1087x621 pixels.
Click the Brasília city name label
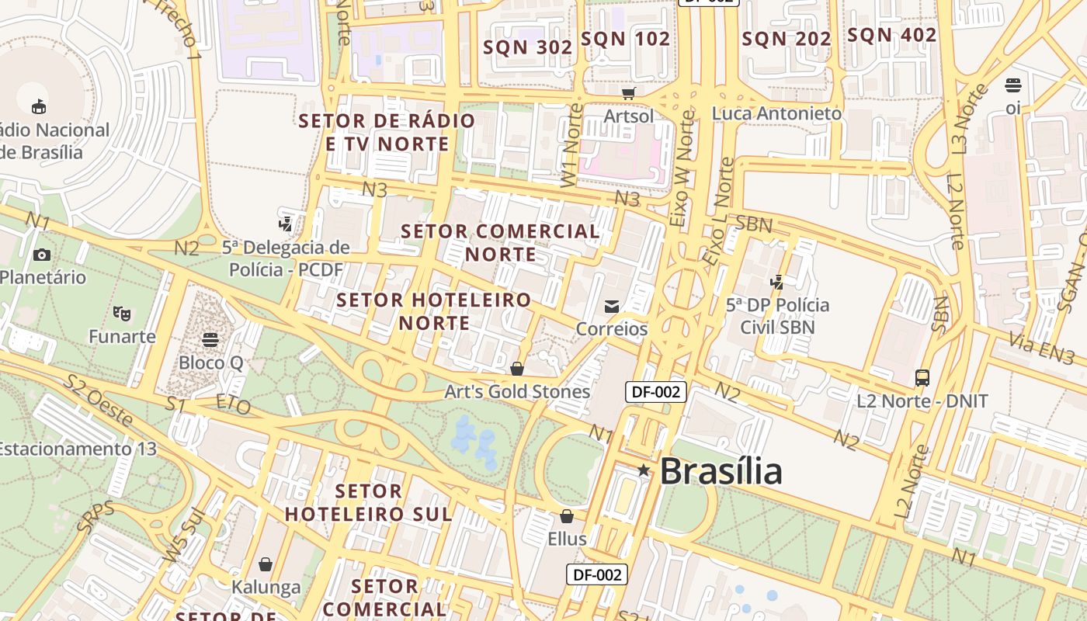[721, 471]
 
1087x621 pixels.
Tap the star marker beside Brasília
[644, 470]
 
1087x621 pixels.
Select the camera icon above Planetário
[42, 255]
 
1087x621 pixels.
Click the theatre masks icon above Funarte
[121, 314]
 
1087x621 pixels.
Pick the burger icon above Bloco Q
[210, 339]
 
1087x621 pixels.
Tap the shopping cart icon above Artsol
[629, 93]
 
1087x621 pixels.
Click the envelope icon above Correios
[612, 307]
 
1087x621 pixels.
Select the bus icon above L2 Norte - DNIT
[922, 378]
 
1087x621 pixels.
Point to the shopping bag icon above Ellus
[567, 516]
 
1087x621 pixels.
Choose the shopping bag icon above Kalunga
[266, 564]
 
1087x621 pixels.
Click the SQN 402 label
[891, 35]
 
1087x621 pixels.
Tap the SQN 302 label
[528, 47]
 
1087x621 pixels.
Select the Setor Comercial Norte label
[501, 242]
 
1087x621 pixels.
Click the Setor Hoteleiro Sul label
[369, 502]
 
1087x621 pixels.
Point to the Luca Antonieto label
[776, 113]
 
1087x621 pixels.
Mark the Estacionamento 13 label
[78, 449]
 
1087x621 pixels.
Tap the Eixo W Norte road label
[682, 167]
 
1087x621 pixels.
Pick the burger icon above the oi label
[1013, 85]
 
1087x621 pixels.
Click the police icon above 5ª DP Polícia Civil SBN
[776, 282]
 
